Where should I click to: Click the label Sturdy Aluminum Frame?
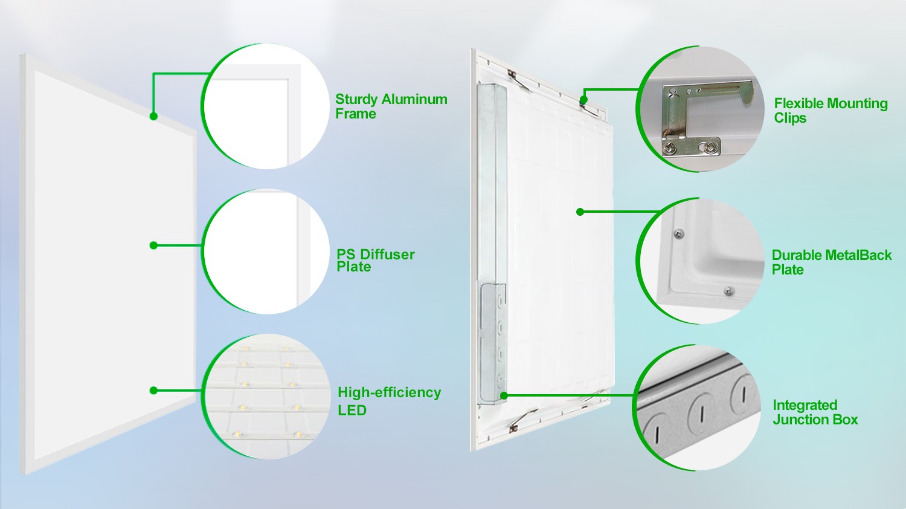click(391, 106)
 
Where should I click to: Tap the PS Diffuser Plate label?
click(375, 261)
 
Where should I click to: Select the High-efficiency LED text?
click(389, 401)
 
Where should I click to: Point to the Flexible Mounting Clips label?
click(830, 110)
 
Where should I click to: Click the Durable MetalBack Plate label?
click(832, 262)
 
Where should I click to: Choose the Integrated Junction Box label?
click(815, 412)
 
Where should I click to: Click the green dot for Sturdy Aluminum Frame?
click(153, 116)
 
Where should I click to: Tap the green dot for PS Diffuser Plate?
click(153, 245)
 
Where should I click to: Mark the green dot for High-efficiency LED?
click(153, 391)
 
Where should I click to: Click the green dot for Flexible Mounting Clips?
click(583, 99)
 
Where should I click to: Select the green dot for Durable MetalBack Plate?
click(580, 212)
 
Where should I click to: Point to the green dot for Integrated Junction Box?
click(504, 395)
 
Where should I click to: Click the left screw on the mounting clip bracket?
click(669, 148)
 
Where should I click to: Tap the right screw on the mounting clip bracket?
click(710, 148)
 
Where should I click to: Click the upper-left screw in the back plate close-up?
click(679, 234)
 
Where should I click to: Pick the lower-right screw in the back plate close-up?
click(729, 291)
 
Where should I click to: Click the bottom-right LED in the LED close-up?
click(298, 435)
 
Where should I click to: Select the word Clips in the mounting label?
click(790, 118)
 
